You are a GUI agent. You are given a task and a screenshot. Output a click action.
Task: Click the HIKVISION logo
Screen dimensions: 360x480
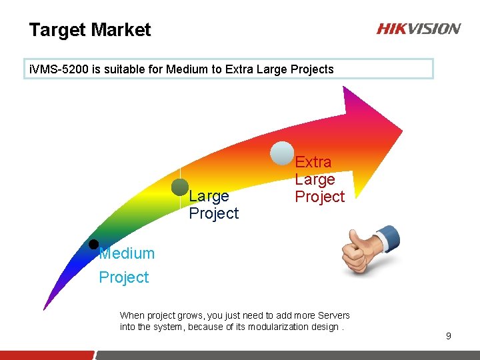point(418,29)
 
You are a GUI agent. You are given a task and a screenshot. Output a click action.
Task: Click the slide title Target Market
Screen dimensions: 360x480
point(90,30)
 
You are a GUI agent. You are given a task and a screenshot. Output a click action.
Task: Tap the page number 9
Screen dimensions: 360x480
point(449,336)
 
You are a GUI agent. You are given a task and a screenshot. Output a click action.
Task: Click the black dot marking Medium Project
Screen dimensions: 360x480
point(94,244)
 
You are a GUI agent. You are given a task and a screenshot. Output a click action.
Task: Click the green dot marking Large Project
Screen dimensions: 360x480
point(180,187)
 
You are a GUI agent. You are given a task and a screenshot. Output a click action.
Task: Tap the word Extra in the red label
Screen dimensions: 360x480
point(313,162)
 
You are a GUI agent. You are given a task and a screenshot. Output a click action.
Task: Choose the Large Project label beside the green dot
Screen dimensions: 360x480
point(213,204)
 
